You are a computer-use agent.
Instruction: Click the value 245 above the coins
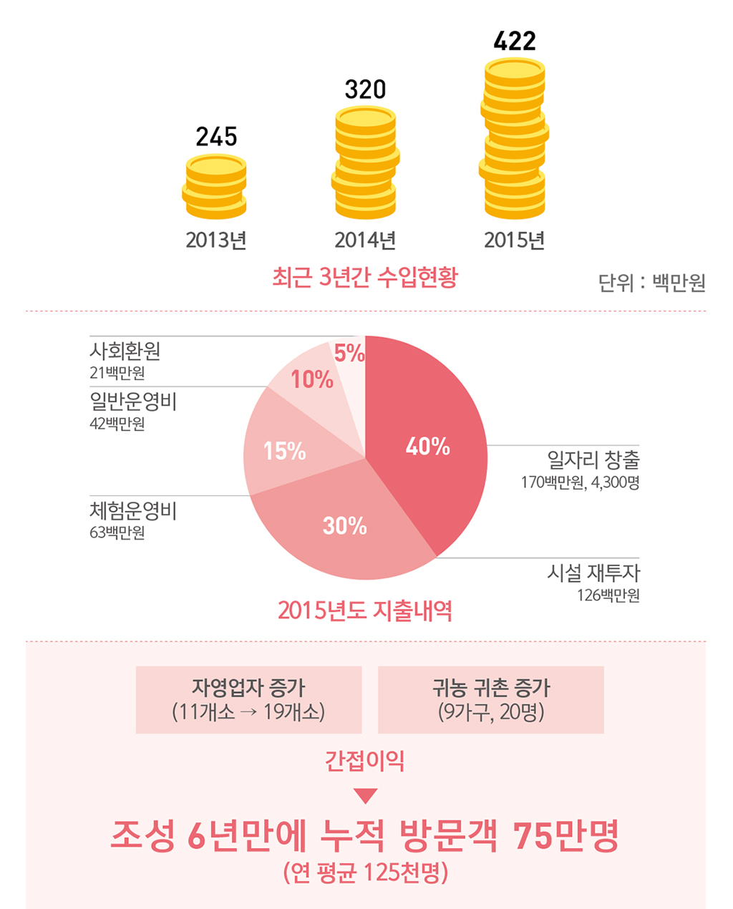pos(216,136)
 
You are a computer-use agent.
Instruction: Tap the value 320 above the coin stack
pos(365,89)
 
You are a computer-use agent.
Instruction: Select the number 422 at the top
pos(515,41)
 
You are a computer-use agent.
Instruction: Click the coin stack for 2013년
pos(215,187)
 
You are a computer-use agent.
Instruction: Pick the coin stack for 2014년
pos(365,162)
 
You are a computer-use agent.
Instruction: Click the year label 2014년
pos(365,240)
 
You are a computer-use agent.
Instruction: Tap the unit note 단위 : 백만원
pos(651,283)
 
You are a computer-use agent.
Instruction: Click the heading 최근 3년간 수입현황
pos(365,277)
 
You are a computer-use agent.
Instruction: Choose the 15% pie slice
pos(283,451)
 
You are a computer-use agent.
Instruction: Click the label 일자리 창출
pos(593,460)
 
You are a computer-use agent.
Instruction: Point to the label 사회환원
pos(125,351)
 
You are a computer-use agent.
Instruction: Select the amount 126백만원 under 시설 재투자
pos(608,596)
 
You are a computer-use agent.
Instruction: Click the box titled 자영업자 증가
pos(248,699)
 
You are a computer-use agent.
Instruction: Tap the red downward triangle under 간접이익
pos(365,796)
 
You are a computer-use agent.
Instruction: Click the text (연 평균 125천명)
pos(365,872)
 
